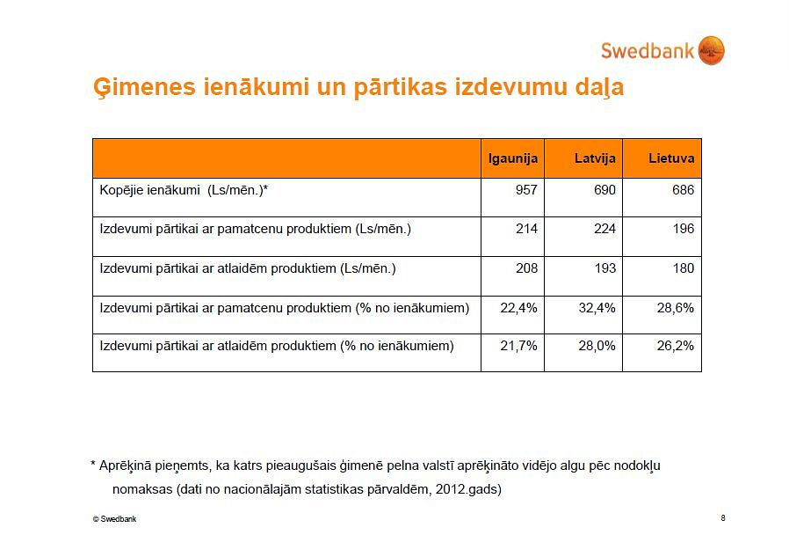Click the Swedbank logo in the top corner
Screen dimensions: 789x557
(x=662, y=50)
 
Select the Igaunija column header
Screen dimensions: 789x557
(x=513, y=158)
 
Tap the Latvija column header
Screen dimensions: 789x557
(x=595, y=158)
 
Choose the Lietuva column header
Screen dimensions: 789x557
(x=671, y=158)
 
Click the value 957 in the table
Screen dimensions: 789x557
(x=526, y=190)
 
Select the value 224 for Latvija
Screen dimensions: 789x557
(x=604, y=229)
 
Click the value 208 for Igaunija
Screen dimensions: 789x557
(x=526, y=268)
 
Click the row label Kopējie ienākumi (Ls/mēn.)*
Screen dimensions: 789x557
(x=184, y=191)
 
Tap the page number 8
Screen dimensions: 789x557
(x=723, y=517)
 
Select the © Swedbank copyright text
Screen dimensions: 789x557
(x=114, y=518)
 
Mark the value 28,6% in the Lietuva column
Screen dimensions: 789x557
(x=676, y=307)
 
